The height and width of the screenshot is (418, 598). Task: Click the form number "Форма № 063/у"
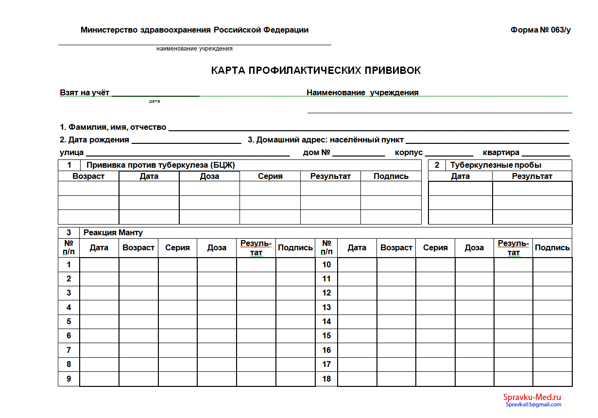[540, 30]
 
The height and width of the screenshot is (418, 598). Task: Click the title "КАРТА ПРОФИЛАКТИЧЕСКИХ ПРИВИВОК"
[316, 70]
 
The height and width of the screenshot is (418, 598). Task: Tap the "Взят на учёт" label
[85, 92]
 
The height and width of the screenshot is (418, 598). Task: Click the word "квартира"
[501, 153]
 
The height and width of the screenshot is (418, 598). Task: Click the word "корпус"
[409, 153]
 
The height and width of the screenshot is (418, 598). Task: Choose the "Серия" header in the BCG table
[270, 176]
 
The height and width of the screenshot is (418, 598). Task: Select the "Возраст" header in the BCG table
[88, 176]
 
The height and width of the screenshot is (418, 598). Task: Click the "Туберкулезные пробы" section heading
[495, 165]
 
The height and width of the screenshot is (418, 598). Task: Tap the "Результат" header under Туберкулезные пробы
[532, 176]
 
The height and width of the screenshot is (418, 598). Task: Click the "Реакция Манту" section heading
[113, 233]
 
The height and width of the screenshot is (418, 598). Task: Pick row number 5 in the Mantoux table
[68, 321]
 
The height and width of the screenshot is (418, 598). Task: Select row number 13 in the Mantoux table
[326, 307]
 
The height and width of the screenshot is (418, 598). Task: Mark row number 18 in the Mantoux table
[326, 379]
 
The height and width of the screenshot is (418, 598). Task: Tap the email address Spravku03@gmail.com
[533, 404]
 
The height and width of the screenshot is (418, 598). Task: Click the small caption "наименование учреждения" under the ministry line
[194, 49]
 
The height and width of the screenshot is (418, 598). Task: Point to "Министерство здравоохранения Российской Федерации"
[194, 30]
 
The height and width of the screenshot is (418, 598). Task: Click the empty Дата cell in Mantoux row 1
[99, 264]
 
